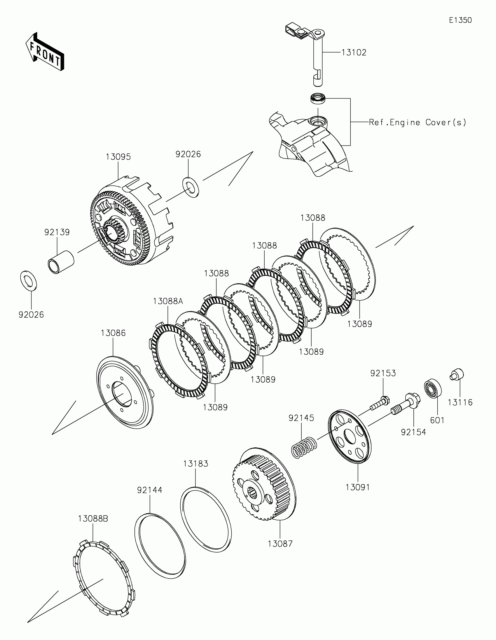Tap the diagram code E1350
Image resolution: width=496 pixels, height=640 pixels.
(x=460, y=20)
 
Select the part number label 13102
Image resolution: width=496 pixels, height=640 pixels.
(x=354, y=52)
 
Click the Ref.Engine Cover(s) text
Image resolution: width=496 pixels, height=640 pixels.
(x=418, y=122)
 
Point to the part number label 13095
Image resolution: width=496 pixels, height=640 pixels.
(x=118, y=157)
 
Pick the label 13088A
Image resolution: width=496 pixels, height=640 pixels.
(x=168, y=301)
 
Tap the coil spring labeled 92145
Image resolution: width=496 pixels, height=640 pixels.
(x=304, y=447)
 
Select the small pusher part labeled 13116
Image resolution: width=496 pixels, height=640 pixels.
(x=457, y=374)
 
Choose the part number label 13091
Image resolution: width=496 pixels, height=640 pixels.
(x=358, y=487)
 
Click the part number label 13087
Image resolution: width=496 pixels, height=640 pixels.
(x=280, y=544)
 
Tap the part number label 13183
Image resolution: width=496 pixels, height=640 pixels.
(x=196, y=464)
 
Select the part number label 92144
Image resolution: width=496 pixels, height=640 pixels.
(x=150, y=490)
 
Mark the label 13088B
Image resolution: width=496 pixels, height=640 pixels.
(x=93, y=519)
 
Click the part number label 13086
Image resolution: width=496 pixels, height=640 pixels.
(x=113, y=333)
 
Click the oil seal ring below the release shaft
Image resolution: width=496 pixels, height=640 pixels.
(x=318, y=98)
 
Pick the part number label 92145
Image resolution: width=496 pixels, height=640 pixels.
(x=301, y=418)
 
